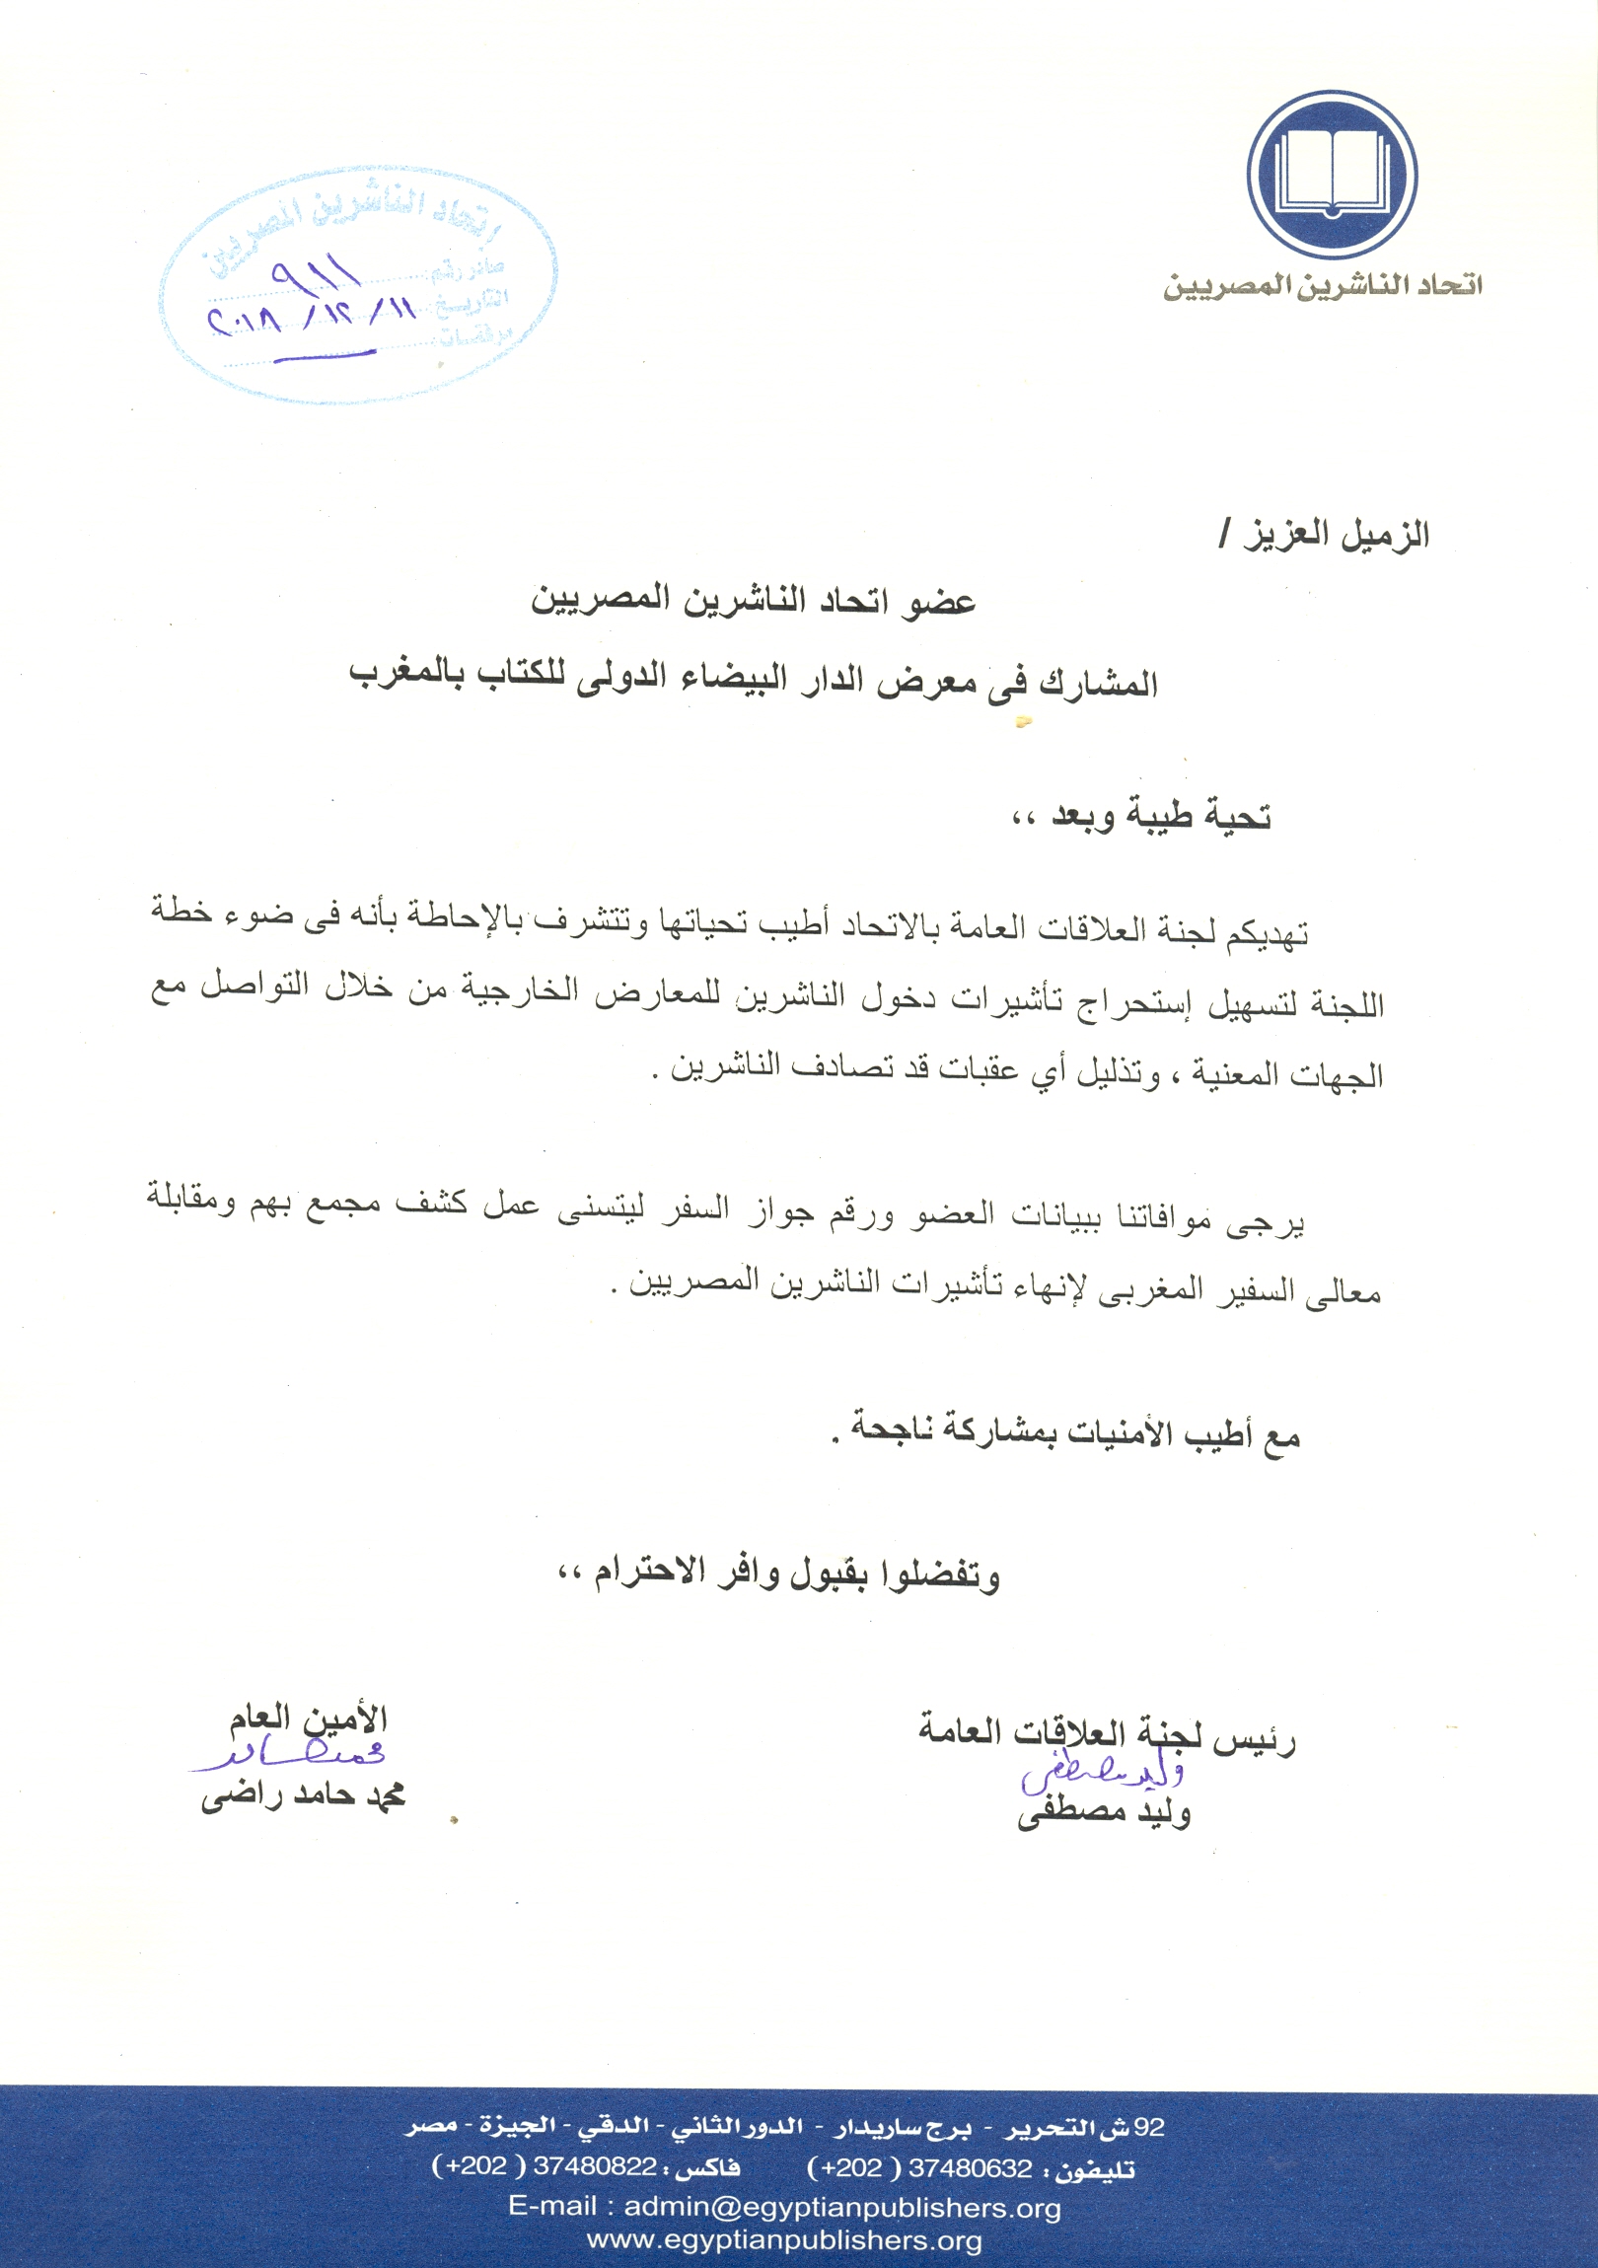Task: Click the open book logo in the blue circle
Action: click(1332, 174)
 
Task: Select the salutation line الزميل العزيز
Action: click(1326, 535)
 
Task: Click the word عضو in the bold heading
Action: click(941, 601)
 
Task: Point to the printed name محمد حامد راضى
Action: click(304, 1795)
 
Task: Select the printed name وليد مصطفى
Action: click(1104, 1812)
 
